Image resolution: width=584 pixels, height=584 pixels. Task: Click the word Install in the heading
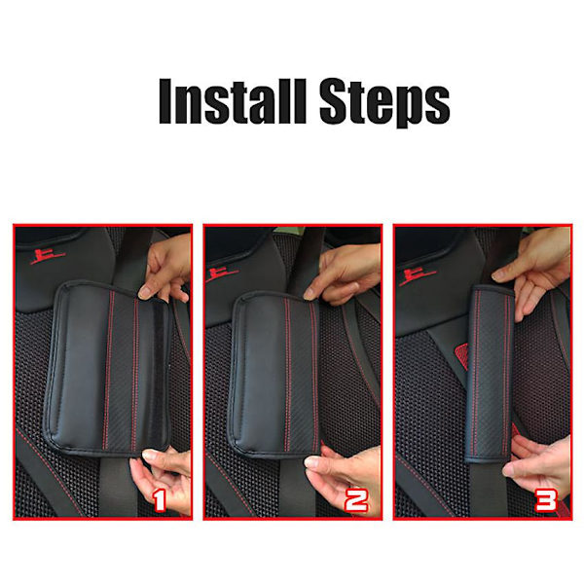click(233, 101)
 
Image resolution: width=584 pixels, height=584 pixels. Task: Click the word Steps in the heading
click(384, 103)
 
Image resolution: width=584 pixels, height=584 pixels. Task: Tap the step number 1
click(159, 500)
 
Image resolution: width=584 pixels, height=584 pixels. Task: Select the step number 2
click(356, 500)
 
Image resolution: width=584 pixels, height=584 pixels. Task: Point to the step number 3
click(546, 500)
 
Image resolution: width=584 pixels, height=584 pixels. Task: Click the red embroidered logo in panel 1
click(47, 257)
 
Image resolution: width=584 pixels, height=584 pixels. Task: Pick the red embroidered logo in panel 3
click(417, 277)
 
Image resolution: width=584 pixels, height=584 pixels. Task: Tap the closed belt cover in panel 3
click(491, 374)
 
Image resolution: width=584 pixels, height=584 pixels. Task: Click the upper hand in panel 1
click(167, 269)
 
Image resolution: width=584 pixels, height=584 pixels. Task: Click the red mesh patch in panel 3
click(461, 355)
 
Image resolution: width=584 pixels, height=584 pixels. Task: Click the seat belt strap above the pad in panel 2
click(306, 261)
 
